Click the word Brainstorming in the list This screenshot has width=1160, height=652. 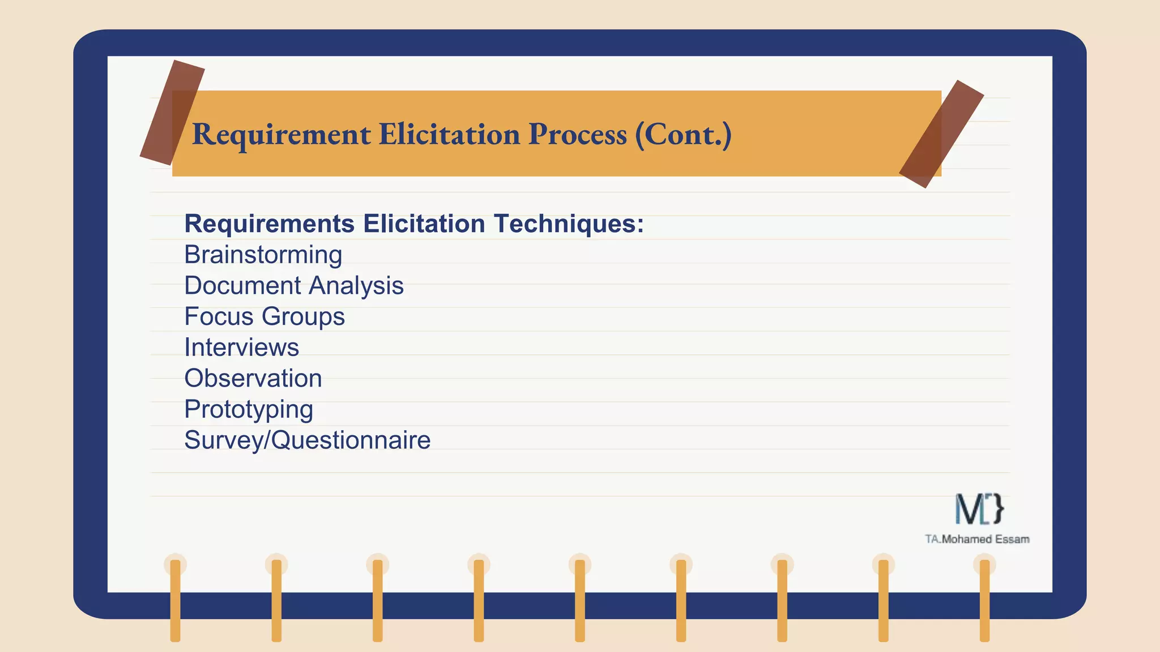(263, 255)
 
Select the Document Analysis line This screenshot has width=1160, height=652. (294, 286)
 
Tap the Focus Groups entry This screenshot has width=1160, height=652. (265, 317)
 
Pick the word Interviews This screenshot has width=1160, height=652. (242, 348)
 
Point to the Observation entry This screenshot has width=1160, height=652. (253, 378)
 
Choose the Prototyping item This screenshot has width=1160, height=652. (249, 410)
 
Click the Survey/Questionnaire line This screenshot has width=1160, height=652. (308, 440)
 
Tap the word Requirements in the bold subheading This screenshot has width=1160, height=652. (270, 224)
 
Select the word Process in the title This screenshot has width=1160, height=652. (577, 135)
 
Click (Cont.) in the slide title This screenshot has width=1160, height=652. (683, 135)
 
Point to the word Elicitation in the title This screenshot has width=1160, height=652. (449, 135)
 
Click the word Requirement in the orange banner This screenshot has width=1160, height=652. (282, 135)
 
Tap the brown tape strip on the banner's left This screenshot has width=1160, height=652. (172, 113)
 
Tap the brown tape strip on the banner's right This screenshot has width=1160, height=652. (941, 134)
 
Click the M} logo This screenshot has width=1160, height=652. (979, 508)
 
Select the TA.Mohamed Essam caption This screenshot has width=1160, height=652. (977, 539)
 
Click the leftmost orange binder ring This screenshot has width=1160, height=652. (175, 600)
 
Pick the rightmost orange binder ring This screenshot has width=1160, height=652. (984, 600)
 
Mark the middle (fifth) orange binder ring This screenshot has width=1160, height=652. (580, 600)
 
